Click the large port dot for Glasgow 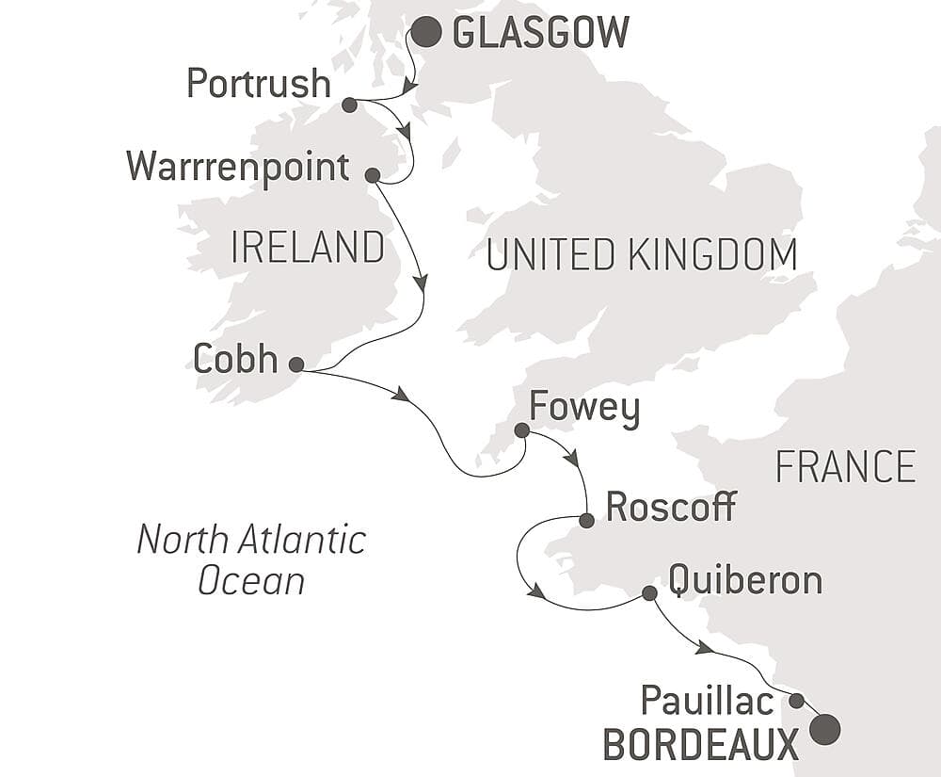(x=426, y=32)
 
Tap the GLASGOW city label (x=540, y=33)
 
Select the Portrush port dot (x=349, y=105)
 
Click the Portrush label (x=259, y=84)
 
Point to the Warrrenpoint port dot (x=372, y=175)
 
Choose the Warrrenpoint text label (x=238, y=168)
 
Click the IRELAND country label (x=308, y=248)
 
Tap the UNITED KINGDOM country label (x=642, y=254)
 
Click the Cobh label (x=235, y=359)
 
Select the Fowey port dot (x=521, y=430)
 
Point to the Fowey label (x=584, y=410)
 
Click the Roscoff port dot (x=586, y=520)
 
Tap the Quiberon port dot (x=648, y=593)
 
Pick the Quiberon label (x=745, y=580)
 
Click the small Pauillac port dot (x=796, y=701)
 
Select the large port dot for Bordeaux (x=824, y=729)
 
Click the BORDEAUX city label (x=701, y=746)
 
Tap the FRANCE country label (x=845, y=467)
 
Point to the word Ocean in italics (x=251, y=580)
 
